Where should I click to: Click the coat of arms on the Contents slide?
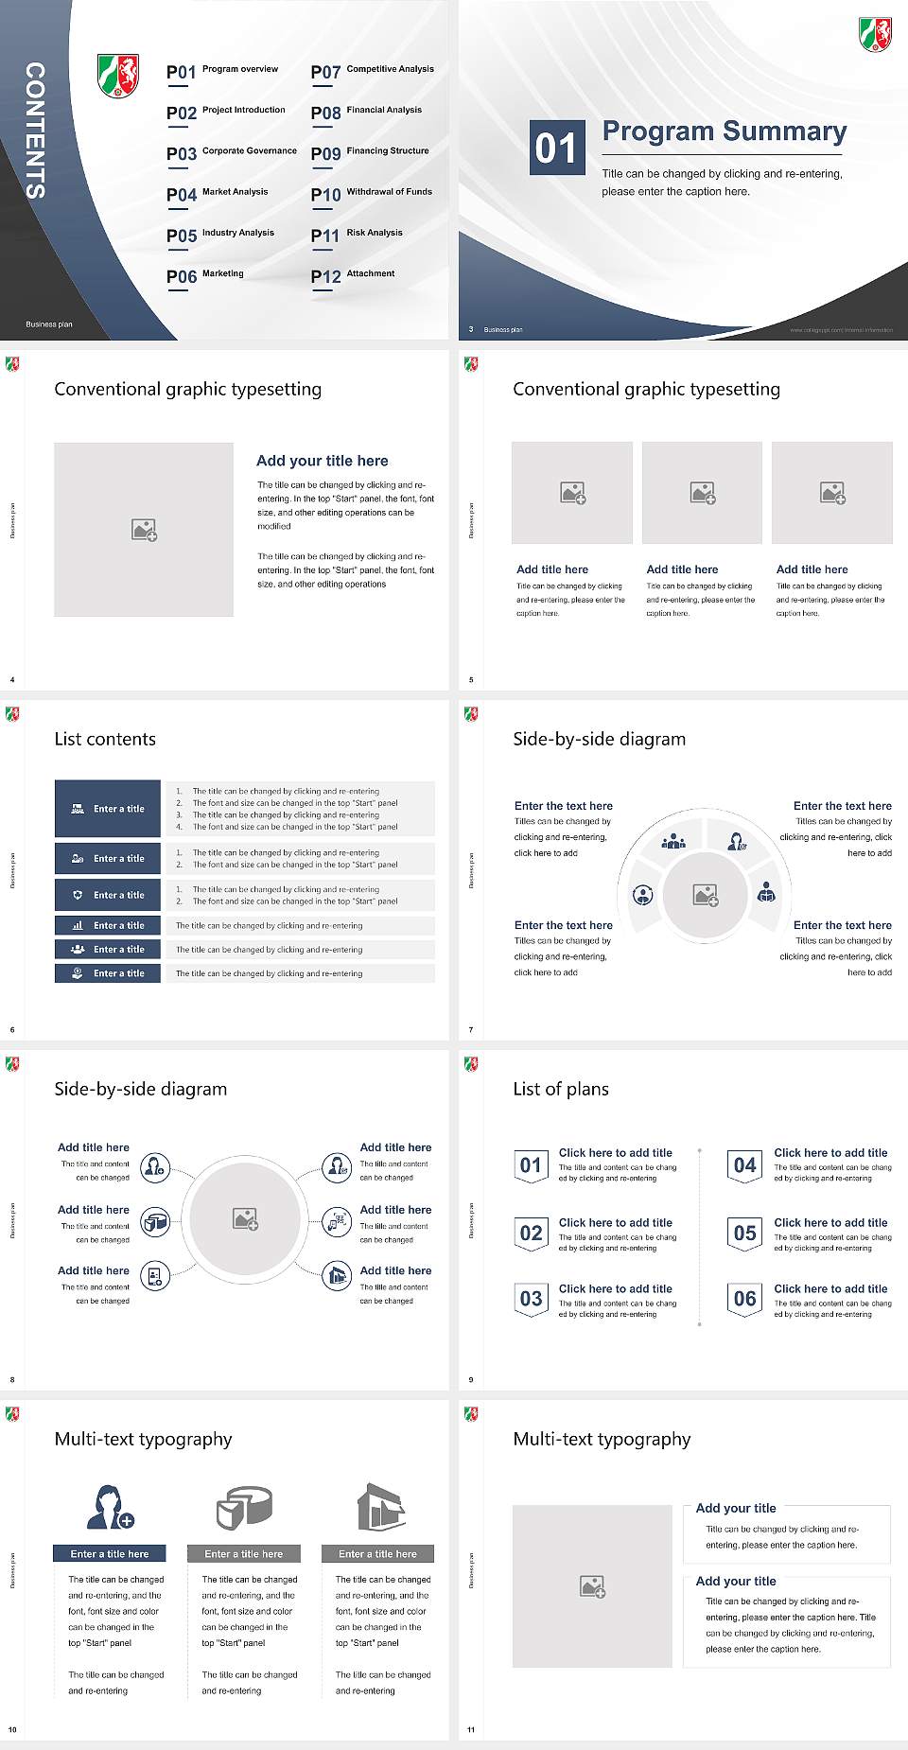[x=118, y=75]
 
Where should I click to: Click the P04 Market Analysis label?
[x=218, y=194]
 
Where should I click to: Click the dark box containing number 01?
[x=555, y=148]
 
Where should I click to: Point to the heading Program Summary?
[x=724, y=131]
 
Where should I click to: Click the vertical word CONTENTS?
[x=34, y=131]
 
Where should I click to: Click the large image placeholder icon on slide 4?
[x=144, y=530]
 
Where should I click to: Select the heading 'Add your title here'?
[x=322, y=461]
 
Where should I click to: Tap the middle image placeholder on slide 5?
[x=702, y=493]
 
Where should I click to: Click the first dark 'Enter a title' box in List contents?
[x=108, y=809]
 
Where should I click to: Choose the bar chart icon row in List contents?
[x=108, y=925]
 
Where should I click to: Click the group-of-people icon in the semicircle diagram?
[x=673, y=840]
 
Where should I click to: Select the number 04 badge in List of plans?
[x=744, y=1165]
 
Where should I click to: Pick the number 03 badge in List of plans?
[x=531, y=1299]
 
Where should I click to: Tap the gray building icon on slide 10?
[x=381, y=1507]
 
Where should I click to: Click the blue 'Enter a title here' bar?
[x=109, y=1553]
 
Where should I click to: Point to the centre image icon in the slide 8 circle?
[x=246, y=1219]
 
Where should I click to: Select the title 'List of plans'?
[x=560, y=1089]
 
